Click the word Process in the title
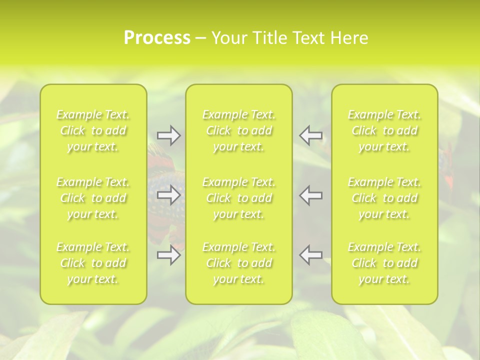coord(157,38)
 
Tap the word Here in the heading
coord(349,38)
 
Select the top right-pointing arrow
coord(168,135)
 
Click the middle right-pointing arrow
coord(168,195)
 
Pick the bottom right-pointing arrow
coord(168,255)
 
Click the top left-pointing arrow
coord(311,135)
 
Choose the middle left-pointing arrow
coord(311,195)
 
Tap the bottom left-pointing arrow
coord(311,255)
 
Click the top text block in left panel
coord(93,131)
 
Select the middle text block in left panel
coord(93,198)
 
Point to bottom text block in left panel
coord(93,263)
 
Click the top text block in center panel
coord(238,131)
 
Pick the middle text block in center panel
coord(238,198)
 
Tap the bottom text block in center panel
coord(238,263)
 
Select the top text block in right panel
coord(384,131)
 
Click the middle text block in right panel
coord(384,198)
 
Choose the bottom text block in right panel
coord(384,263)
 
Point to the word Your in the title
coord(228,38)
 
